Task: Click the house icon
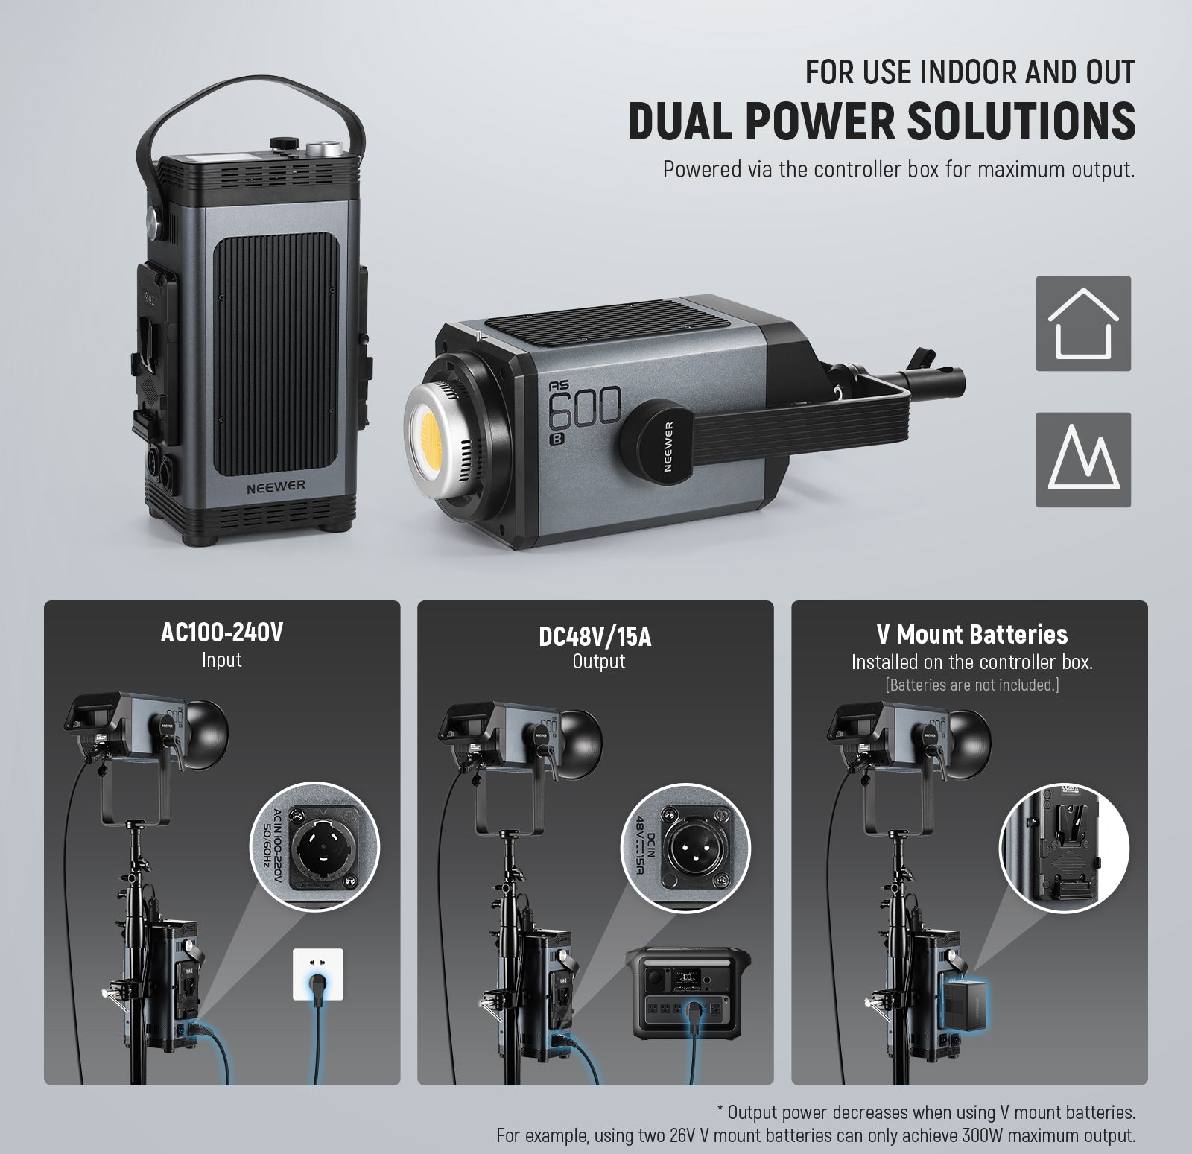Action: [x=1083, y=323]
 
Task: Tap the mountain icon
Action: [x=1083, y=460]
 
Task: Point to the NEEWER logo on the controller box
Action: [x=276, y=485]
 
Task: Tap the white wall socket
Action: [x=319, y=974]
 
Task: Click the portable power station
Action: [x=691, y=995]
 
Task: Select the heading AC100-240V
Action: [x=222, y=633]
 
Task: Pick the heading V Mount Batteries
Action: [x=971, y=634]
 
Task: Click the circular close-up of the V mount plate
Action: [x=1064, y=848]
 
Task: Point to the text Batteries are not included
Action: [x=971, y=685]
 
